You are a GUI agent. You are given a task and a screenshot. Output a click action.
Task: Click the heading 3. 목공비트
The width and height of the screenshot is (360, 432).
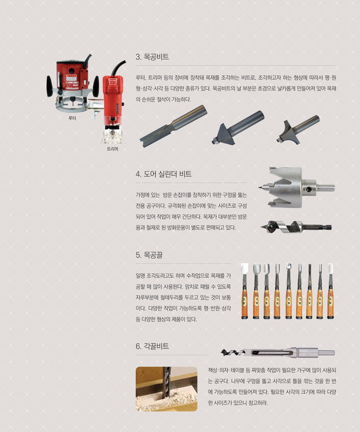(152, 57)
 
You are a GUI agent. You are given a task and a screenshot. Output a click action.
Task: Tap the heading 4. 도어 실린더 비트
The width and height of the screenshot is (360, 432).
(163, 174)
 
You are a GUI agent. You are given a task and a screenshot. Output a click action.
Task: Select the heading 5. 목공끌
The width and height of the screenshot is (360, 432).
(149, 255)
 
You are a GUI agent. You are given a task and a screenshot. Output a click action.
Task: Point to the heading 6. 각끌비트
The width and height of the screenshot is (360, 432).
(152, 346)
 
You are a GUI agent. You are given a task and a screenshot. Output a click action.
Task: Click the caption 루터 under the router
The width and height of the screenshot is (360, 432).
(72, 118)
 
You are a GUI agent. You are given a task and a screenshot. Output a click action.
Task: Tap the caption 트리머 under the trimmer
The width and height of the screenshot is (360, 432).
(112, 149)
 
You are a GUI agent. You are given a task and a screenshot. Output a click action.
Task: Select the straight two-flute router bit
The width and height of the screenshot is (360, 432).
(173, 126)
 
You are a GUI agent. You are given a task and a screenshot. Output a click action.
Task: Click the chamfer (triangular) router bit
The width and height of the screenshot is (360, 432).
(238, 127)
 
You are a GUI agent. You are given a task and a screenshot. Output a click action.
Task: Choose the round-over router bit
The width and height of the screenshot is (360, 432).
(298, 129)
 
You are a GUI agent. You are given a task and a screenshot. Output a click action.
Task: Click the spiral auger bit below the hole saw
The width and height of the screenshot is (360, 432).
(296, 227)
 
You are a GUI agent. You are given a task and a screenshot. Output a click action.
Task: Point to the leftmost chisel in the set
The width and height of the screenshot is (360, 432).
(245, 291)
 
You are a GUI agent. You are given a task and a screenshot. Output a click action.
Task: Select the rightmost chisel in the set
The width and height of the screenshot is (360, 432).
(331, 291)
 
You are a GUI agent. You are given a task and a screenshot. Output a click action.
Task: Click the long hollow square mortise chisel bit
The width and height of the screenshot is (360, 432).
(278, 352)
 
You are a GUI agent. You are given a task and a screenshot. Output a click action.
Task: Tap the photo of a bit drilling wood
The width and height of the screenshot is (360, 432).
(167, 389)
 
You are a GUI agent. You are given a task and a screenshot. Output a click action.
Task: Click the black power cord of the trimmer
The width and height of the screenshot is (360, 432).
(117, 68)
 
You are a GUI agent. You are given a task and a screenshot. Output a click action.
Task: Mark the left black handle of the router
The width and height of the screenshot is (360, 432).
(50, 86)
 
